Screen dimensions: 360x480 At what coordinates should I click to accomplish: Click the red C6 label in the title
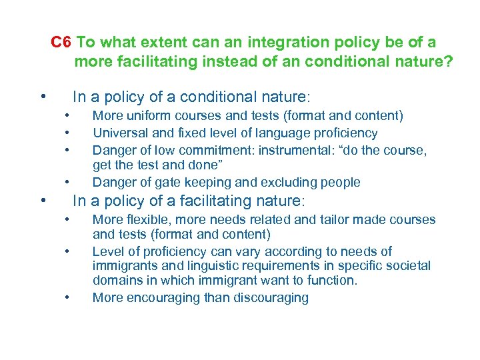click(61, 43)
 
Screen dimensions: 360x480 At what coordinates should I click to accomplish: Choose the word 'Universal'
click(119, 133)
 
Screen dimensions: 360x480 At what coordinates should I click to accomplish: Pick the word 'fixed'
click(187, 133)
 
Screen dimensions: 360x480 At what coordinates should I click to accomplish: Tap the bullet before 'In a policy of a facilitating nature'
click(42, 201)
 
